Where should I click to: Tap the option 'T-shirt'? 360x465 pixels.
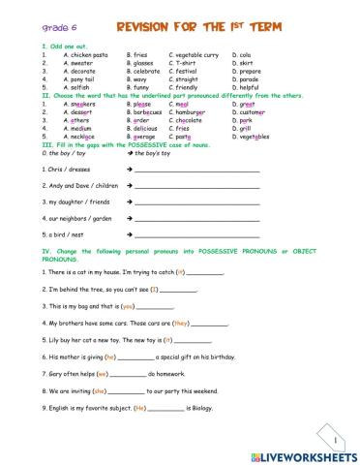click(x=184, y=63)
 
